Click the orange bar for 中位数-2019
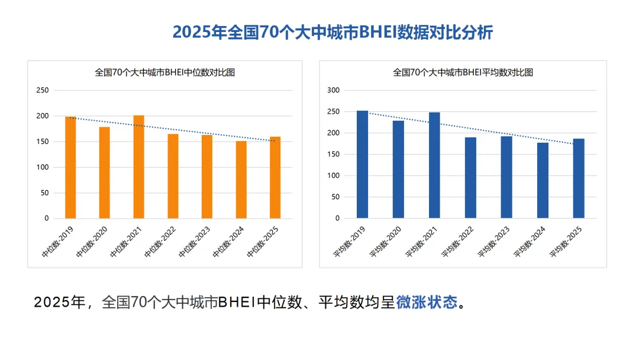(x=70, y=168)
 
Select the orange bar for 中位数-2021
(x=138, y=167)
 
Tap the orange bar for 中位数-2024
(x=241, y=179)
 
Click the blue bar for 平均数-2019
(x=362, y=165)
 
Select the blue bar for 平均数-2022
(x=470, y=178)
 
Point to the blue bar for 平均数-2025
(x=579, y=178)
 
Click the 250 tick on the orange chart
(x=43, y=91)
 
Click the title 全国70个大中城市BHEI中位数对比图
(x=165, y=73)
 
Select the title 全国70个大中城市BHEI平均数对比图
(x=463, y=73)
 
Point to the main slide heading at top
(x=333, y=32)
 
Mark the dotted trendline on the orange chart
(x=172, y=129)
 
